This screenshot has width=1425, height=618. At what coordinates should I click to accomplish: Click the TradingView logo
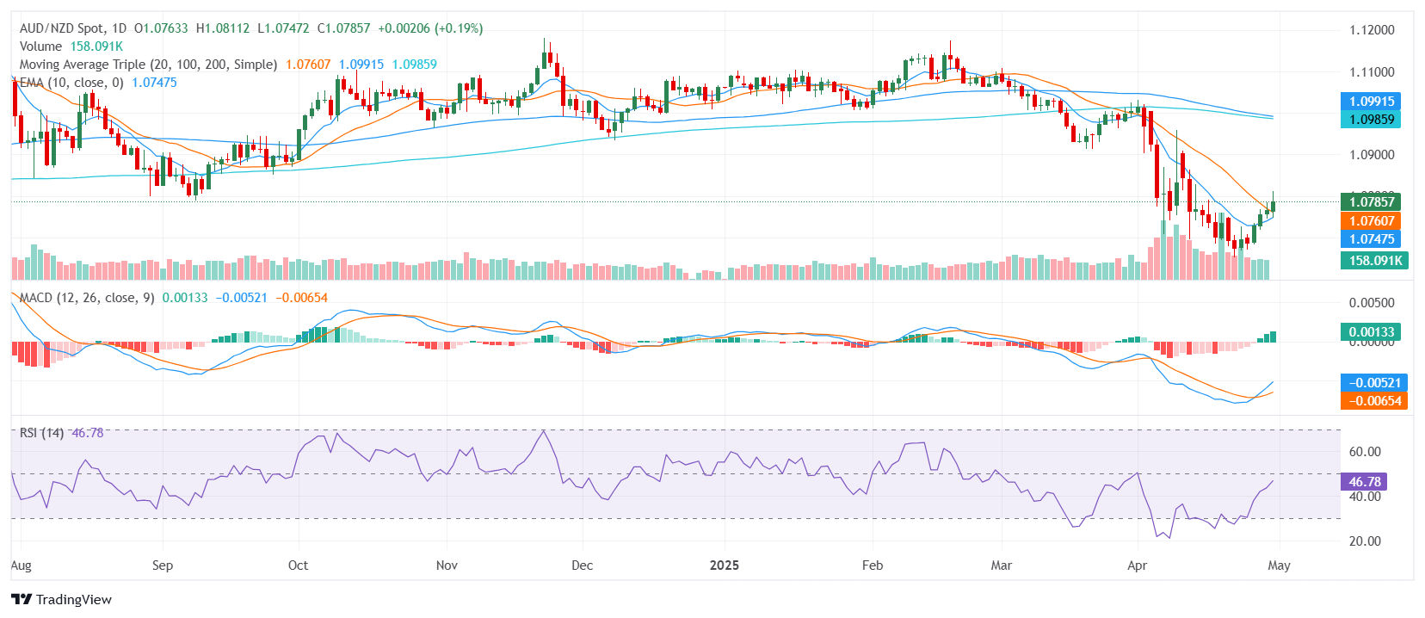click(61, 599)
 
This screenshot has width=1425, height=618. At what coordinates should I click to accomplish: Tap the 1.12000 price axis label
click(1371, 30)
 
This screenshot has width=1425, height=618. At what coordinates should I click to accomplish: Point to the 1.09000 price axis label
click(1371, 155)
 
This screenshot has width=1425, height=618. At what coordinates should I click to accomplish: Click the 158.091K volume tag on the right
click(1374, 260)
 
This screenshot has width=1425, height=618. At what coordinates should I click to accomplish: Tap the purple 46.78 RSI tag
click(1364, 482)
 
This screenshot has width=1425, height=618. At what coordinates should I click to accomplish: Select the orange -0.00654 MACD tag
click(1374, 401)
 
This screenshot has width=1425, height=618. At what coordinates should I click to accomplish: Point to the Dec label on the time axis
click(583, 565)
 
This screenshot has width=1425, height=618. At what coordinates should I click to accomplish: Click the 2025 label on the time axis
click(725, 565)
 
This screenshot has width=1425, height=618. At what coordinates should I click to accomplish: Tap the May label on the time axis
click(1279, 565)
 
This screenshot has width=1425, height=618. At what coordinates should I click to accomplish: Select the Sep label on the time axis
click(163, 565)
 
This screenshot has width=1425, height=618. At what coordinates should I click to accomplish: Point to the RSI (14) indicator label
click(41, 433)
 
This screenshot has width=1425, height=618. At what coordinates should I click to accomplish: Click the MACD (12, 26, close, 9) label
click(87, 298)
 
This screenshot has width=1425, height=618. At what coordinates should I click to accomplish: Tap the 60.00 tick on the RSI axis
click(1365, 452)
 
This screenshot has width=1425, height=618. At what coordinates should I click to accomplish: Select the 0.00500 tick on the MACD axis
click(1371, 303)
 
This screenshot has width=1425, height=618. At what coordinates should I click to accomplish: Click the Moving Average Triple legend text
click(148, 65)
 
